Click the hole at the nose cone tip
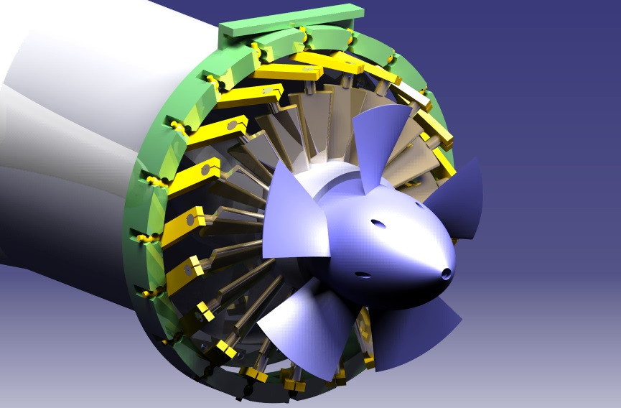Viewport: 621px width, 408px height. (447, 273)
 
